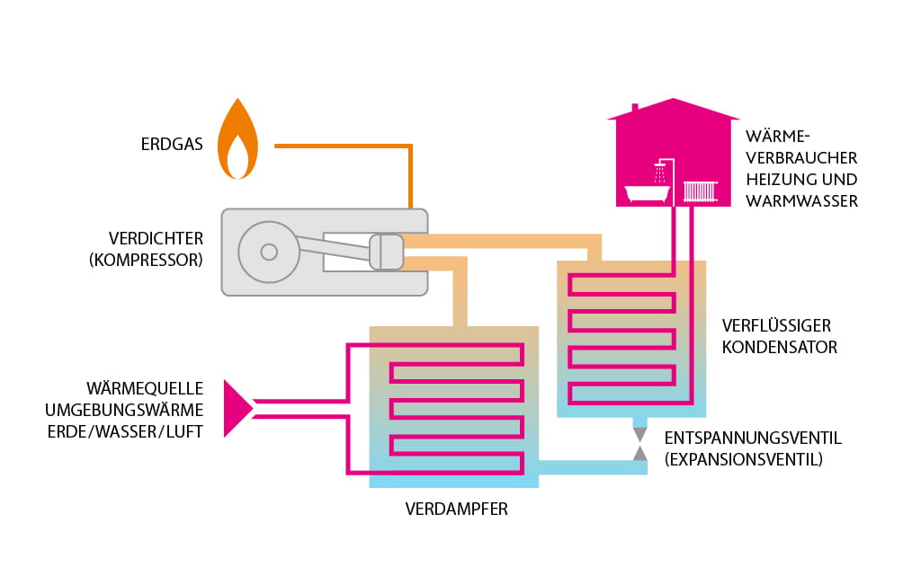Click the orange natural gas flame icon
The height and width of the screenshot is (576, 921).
click(x=237, y=145)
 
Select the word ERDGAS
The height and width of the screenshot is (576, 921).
click(x=171, y=145)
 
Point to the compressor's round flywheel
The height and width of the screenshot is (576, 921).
click(x=268, y=252)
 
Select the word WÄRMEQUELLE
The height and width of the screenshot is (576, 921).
click(x=145, y=389)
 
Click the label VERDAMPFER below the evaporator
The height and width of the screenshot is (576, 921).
click(x=456, y=510)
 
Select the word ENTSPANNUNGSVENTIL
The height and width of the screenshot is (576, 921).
click(x=753, y=439)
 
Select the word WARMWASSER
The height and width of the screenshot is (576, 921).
click(x=801, y=200)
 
